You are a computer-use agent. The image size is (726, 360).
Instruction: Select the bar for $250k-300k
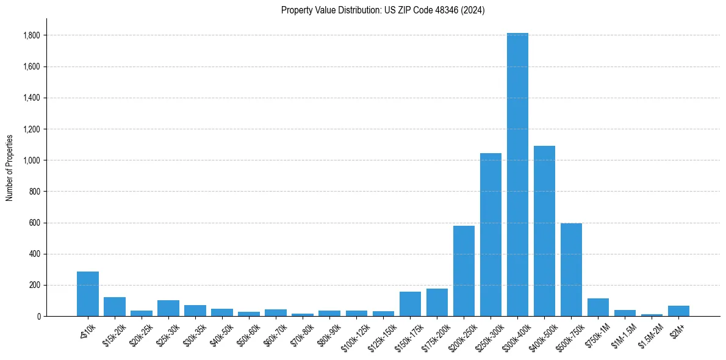pyautogui.click(x=491, y=235)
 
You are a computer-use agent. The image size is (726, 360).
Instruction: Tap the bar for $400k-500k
pyautogui.click(x=544, y=231)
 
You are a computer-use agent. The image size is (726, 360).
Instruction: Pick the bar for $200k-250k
pyautogui.click(x=464, y=271)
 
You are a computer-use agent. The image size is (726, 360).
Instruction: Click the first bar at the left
pyautogui.click(x=88, y=294)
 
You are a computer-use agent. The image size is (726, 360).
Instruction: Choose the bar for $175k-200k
pyautogui.click(x=437, y=303)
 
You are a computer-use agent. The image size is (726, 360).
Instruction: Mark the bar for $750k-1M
pyautogui.click(x=598, y=308)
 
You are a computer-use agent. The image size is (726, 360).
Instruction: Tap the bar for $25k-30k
pyautogui.click(x=168, y=308)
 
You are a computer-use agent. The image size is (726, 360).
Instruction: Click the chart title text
pyautogui.click(x=383, y=10)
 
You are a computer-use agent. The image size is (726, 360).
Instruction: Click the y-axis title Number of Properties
pyautogui.click(x=10, y=167)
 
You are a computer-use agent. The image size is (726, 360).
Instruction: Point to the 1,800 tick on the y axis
pyautogui.click(x=31, y=35)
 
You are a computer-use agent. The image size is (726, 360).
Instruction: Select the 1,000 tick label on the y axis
pyautogui.click(x=31, y=160)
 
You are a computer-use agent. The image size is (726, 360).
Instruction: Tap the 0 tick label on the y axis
pyautogui.click(x=38, y=316)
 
